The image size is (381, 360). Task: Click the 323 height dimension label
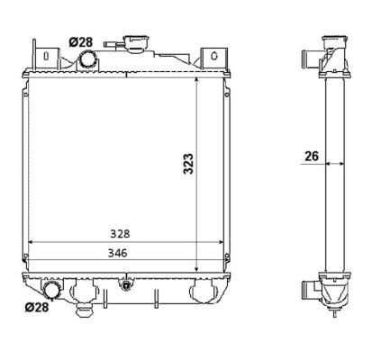188,163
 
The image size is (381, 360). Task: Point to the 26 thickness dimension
312,156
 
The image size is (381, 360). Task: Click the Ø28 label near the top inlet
80,41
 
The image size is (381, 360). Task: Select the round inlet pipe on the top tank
89,59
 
